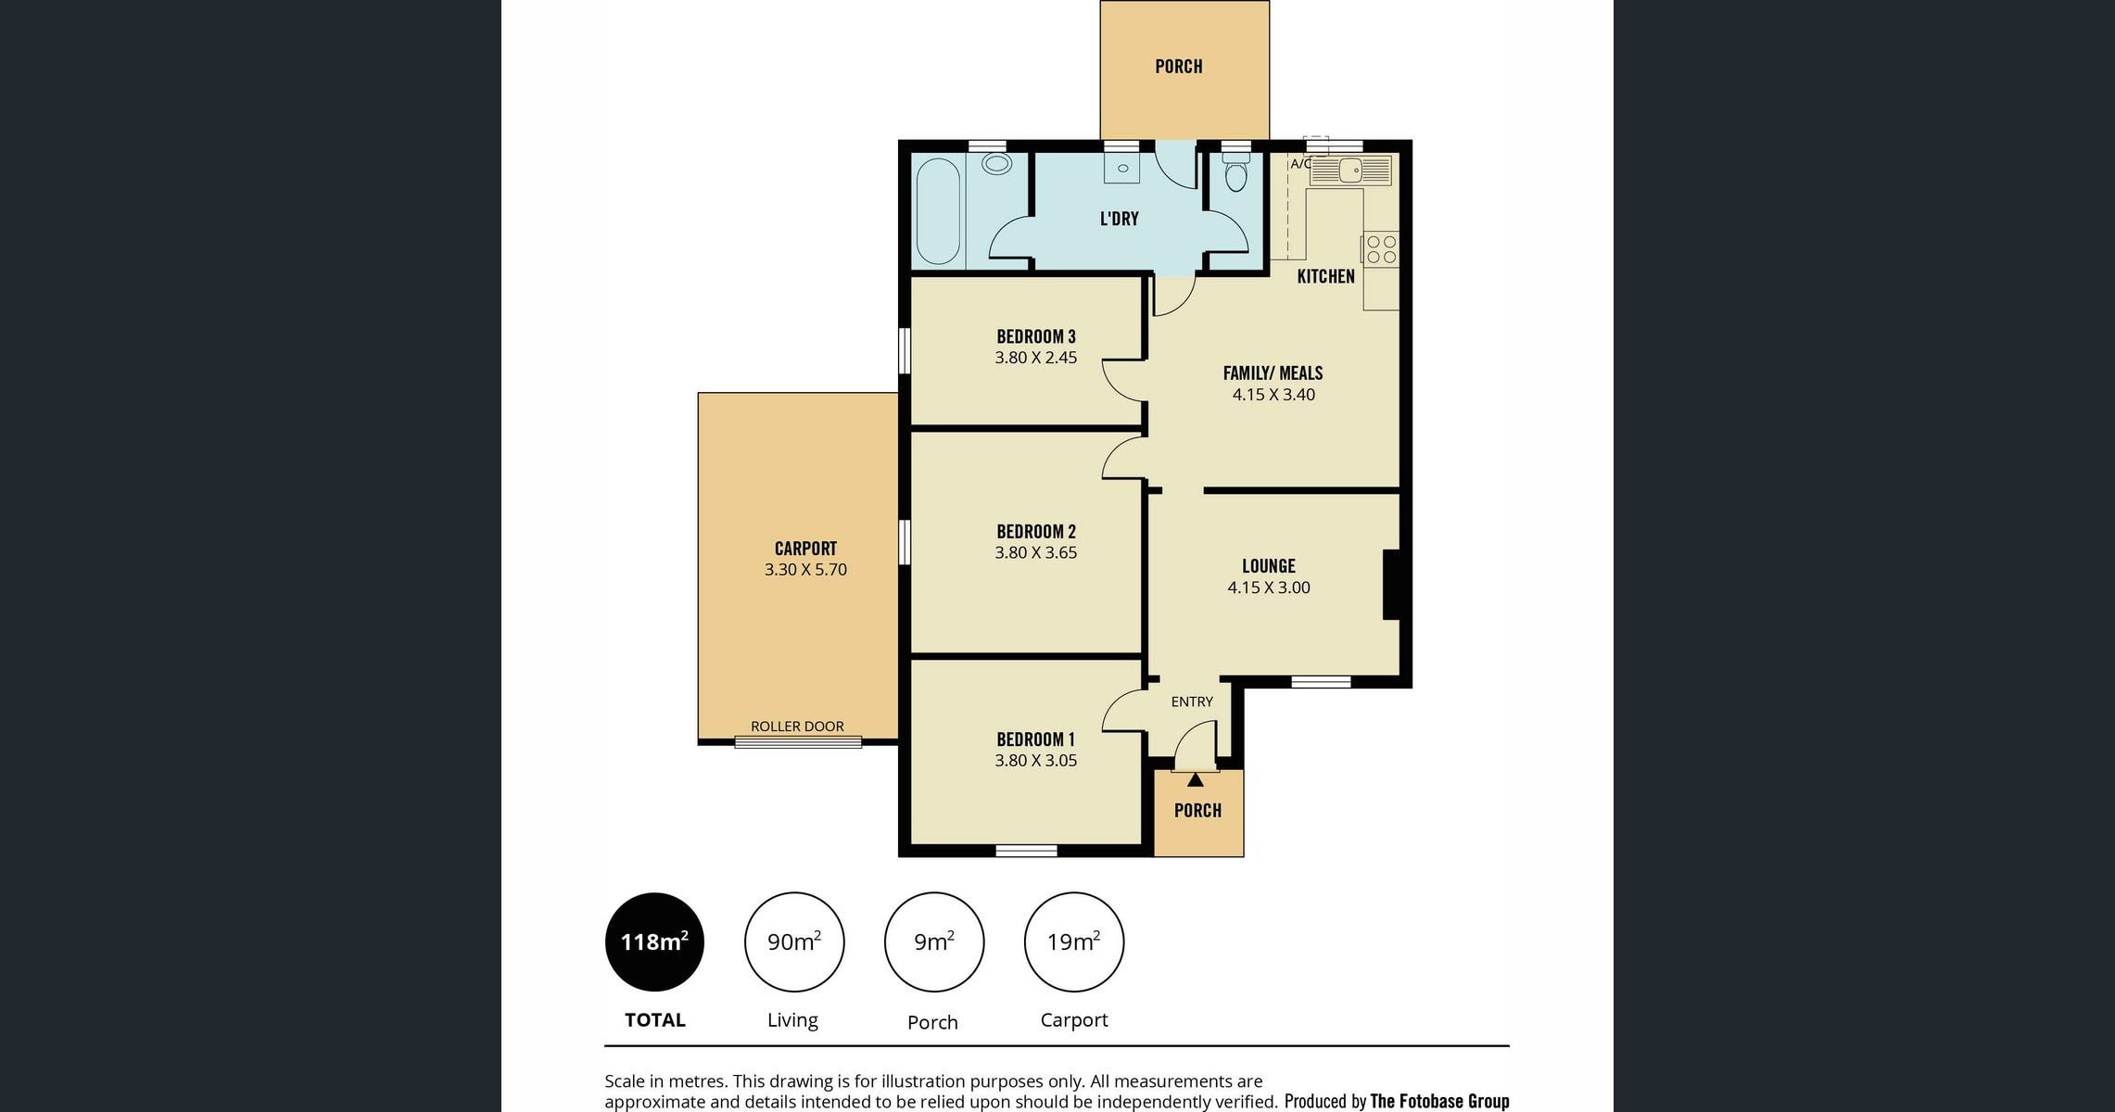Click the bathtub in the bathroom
pyautogui.click(x=938, y=211)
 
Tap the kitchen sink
pyautogui.click(x=1351, y=171)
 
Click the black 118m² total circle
pyautogui.click(x=654, y=942)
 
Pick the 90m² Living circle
pyautogui.click(x=793, y=942)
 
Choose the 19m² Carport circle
pyautogui.click(x=1073, y=942)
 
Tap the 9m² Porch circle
pyautogui.click(x=933, y=942)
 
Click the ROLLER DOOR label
pyautogui.click(x=797, y=727)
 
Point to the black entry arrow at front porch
pyautogui.click(x=1196, y=780)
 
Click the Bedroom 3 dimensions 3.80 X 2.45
pyautogui.click(x=1036, y=358)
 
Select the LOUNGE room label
pyautogui.click(x=1269, y=566)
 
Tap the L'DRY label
pyautogui.click(x=1119, y=219)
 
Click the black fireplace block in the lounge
pyautogui.click(x=1391, y=585)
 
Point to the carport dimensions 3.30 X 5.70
pyautogui.click(x=805, y=570)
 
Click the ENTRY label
pyautogui.click(x=1192, y=701)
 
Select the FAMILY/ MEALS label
pyautogui.click(x=1273, y=373)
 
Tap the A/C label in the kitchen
pyautogui.click(x=1300, y=164)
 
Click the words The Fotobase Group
pyautogui.click(x=1439, y=1101)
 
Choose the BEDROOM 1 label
pyautogui.click(x=1036, y=739)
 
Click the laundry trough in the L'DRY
pyautogui.click(x=1121, y=168)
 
